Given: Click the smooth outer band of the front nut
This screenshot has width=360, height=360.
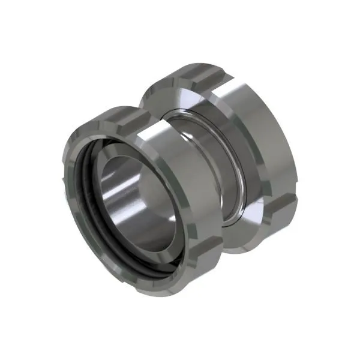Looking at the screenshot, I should click(x=180, y=198).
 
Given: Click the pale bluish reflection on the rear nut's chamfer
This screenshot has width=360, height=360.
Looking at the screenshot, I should click(x=180, y=96).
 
